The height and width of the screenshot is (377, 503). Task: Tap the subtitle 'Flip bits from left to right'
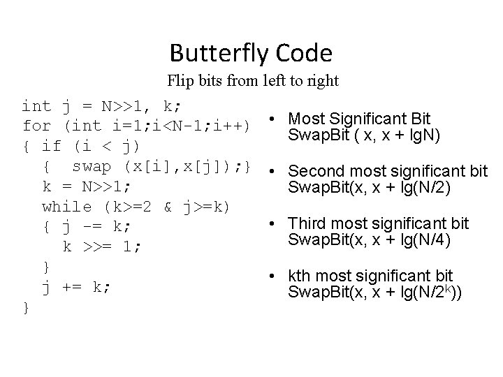(x=252, y=81)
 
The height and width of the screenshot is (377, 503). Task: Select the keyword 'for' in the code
(x=36, y=126)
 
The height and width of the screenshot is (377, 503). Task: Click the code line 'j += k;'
(x=76, y=287)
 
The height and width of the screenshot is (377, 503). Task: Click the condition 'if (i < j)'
(x=92, y=147)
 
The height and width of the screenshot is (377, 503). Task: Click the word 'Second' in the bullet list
(x=312, y=171)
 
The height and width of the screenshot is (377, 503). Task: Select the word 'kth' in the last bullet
(x=300, y=276)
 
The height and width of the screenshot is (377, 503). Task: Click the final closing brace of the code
(x=26, y=306)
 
